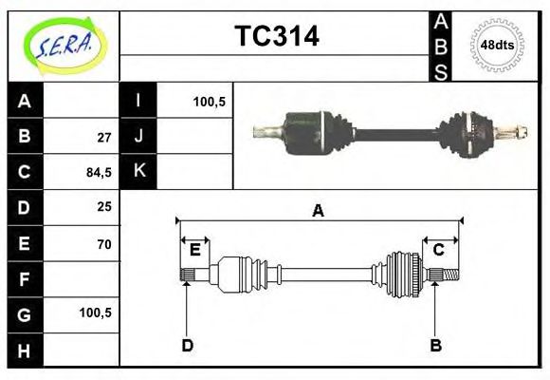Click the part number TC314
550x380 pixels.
[276, 36]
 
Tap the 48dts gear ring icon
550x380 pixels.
[497, 45]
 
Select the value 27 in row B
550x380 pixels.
[104, 136]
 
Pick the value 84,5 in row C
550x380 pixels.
[100, 172]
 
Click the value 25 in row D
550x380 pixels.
[104, 207]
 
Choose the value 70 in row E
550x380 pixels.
[104, 243]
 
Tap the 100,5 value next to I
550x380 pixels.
[209, 101]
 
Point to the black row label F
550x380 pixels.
[25, 279]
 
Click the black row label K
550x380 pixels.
[138, 171]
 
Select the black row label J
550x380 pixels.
[138, 136]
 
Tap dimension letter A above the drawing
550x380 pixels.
[319, 211]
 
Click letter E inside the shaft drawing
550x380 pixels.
[194, 250]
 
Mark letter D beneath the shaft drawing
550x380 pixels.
[187, 345]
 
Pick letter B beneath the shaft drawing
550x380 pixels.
[435, 345]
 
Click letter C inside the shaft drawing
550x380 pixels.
[439, 250]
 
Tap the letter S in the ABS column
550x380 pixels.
[441, 72]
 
